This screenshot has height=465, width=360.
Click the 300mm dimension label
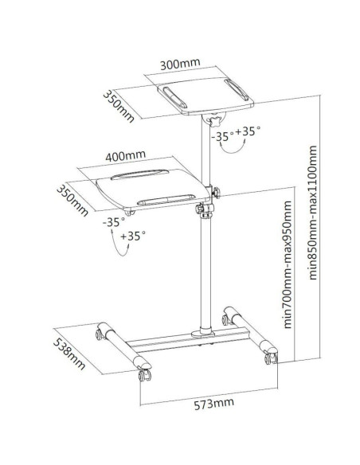click(180, 64)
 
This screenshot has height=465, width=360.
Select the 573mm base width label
click(213, 404)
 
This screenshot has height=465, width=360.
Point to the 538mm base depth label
click(69, 354)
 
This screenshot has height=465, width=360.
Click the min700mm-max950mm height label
click(288, 264)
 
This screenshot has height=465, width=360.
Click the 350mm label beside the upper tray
click(119, 107)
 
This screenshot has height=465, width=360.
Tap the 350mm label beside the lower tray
click(72, 201)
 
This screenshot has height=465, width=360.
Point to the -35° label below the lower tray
click(114, 222)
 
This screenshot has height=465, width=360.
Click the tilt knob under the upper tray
click(215, 121)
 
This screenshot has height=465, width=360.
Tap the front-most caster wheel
click(145, 376)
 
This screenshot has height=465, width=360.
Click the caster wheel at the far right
click(272, 358)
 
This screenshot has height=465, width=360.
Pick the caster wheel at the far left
click(99, 334)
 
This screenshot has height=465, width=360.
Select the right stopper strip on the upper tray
click(237, 89)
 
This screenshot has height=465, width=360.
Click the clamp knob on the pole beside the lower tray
click(216, 193)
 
